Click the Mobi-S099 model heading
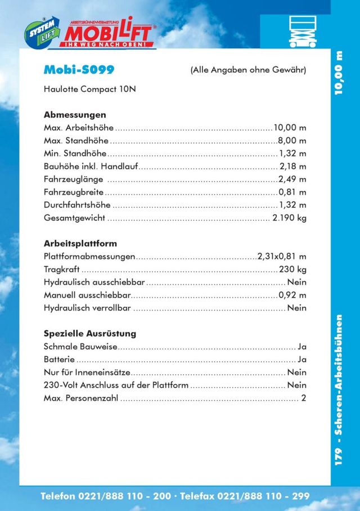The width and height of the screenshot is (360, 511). pyautogui.click(x=79, y=70)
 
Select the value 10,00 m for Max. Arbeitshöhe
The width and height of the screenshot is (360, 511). pyautogui.click(x=290, y=127)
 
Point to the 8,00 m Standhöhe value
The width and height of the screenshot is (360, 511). pyautogui.click(x=292, y=140)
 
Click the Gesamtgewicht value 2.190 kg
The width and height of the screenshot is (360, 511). pyautogui.click(x=289, y=218)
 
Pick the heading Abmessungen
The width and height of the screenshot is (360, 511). pyautogui.click(x=75, y=114)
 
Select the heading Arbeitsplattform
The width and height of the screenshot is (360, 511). pyautogui.click(x=80, y=244)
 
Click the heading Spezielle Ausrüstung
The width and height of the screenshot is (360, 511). pyautogui.click(x=90, y=334)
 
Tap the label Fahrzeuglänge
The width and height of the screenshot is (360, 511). pyautogui.click(x=73, y=179)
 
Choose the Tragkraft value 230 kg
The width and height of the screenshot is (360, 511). pyautogui.click(x=292, y=269)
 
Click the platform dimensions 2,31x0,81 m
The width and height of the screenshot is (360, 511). pyautogui.click(x=282, y=256)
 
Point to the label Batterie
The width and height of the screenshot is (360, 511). pyautogui.click(x=58, y=360)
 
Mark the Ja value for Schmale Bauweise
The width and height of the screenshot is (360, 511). pyautogui.click(x=301, y=347)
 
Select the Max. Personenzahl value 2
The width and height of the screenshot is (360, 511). pyautogui.click(x=304, y=398)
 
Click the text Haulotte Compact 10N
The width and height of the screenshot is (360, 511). pyautogui.click(x=89, y=89)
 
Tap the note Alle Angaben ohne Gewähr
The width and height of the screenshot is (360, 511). pyautogui.click(x=248, y=70)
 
